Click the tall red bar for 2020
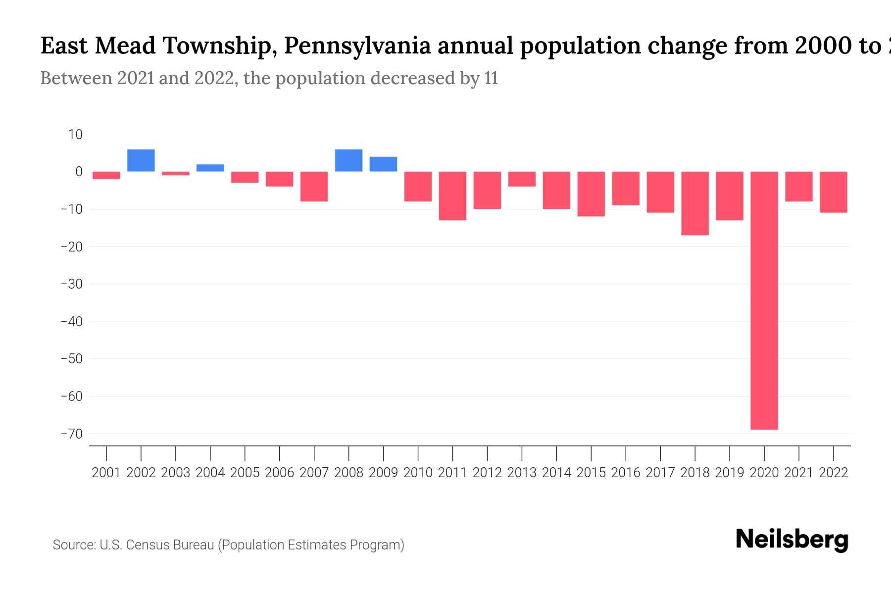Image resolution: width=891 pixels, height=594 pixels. pos(764,300)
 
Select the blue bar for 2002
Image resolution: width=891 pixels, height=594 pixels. pos(141,160)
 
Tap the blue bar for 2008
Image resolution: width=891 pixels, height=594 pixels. pos(348,160)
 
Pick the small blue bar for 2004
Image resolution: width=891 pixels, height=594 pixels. pos(210,168)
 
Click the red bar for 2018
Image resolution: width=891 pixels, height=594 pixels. pos(694,203)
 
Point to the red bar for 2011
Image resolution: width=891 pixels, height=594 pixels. pos(452,196)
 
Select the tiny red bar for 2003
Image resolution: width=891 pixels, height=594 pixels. pos(176,173)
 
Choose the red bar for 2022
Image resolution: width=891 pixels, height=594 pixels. pos(834,192)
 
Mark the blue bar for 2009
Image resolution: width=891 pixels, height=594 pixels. pos(383,164)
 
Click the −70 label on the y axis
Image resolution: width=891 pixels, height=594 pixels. pos(72,434)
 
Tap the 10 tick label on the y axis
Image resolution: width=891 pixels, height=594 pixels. pos(75,135)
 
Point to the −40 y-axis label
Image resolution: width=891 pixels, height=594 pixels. pos(72,322)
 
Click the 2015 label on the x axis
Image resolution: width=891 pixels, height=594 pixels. pos(591,473)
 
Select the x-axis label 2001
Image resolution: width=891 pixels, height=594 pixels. pos(106,473)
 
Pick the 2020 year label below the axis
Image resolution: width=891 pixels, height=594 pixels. pos(764,473)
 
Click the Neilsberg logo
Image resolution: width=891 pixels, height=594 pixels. pos(792,540)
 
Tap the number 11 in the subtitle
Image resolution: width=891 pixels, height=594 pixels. pos(491,78)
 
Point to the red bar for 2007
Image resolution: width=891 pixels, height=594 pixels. pos(314,187)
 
